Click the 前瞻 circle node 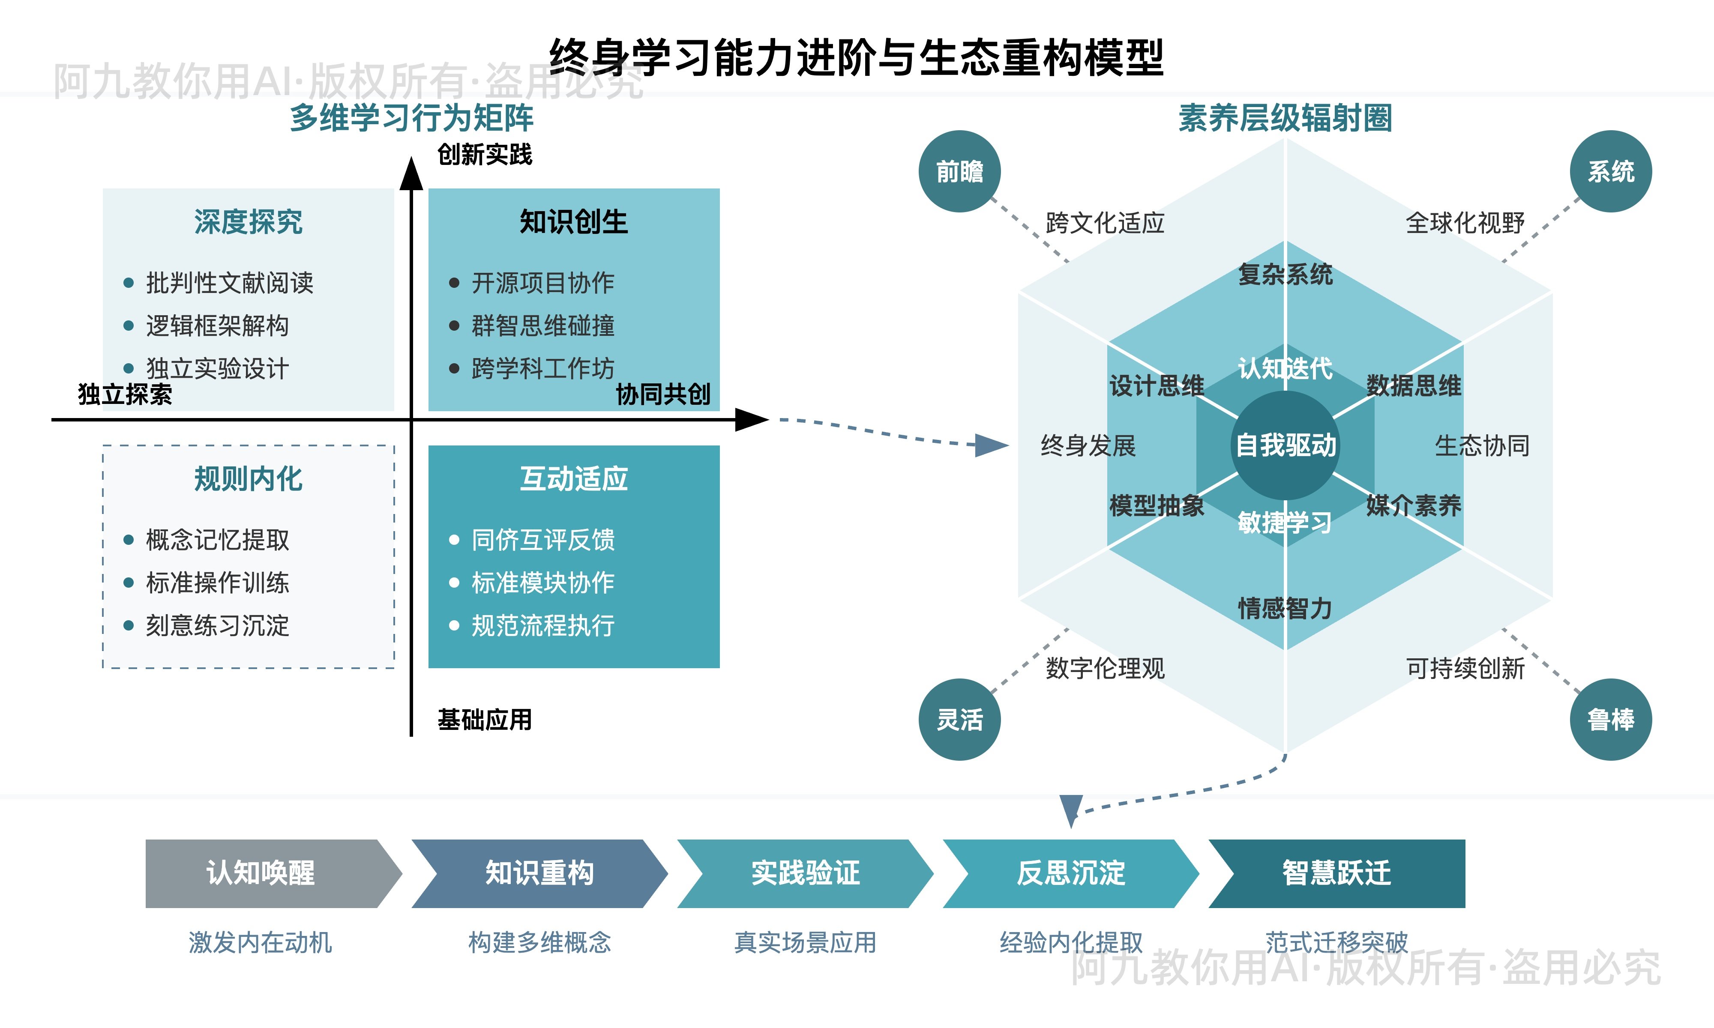(x=959, y=171)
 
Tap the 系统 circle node (x=1611, y=171)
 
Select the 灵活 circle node (x=959, y=720)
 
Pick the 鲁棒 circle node (x=1611, y=720)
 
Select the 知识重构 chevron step (x=539, y=873)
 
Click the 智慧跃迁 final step (x=1336, y=873)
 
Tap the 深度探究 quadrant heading (x=248, y=222)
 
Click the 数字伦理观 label (x=1105, y=669)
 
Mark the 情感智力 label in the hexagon (x=1285, y=608)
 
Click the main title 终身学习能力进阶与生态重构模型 (x=856, y=57)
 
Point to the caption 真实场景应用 (x=805, y=942)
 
